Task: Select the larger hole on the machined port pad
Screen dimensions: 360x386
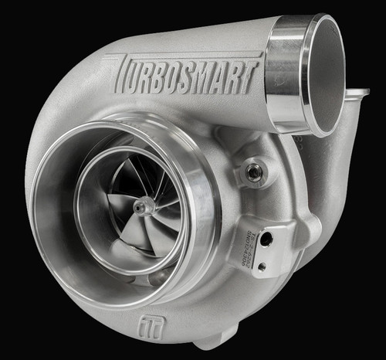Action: pyautogui.click(x=266, y=239)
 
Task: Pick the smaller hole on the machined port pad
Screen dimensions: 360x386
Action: pyautogui.click(x=262, y=265)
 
